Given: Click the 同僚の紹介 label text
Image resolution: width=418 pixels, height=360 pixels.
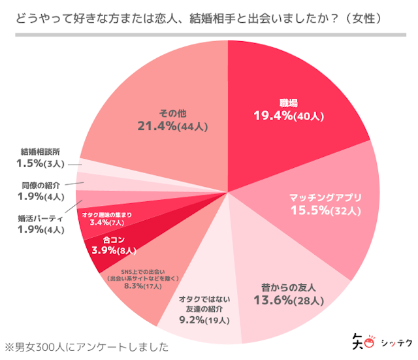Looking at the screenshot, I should (x=40, y=184).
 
